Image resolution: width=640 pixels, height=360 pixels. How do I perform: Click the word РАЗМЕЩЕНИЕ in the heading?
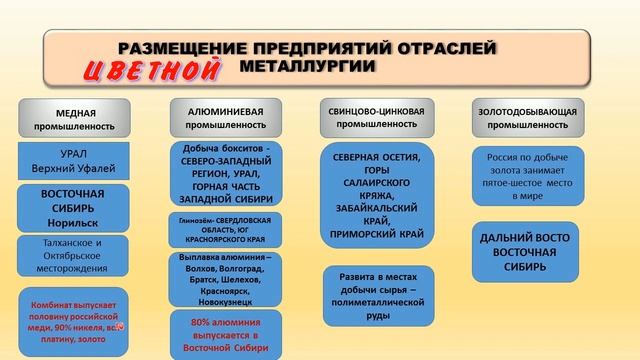click(x=176, y=48)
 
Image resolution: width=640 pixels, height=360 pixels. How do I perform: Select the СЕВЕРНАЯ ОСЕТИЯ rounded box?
click(x=378, y=195)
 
